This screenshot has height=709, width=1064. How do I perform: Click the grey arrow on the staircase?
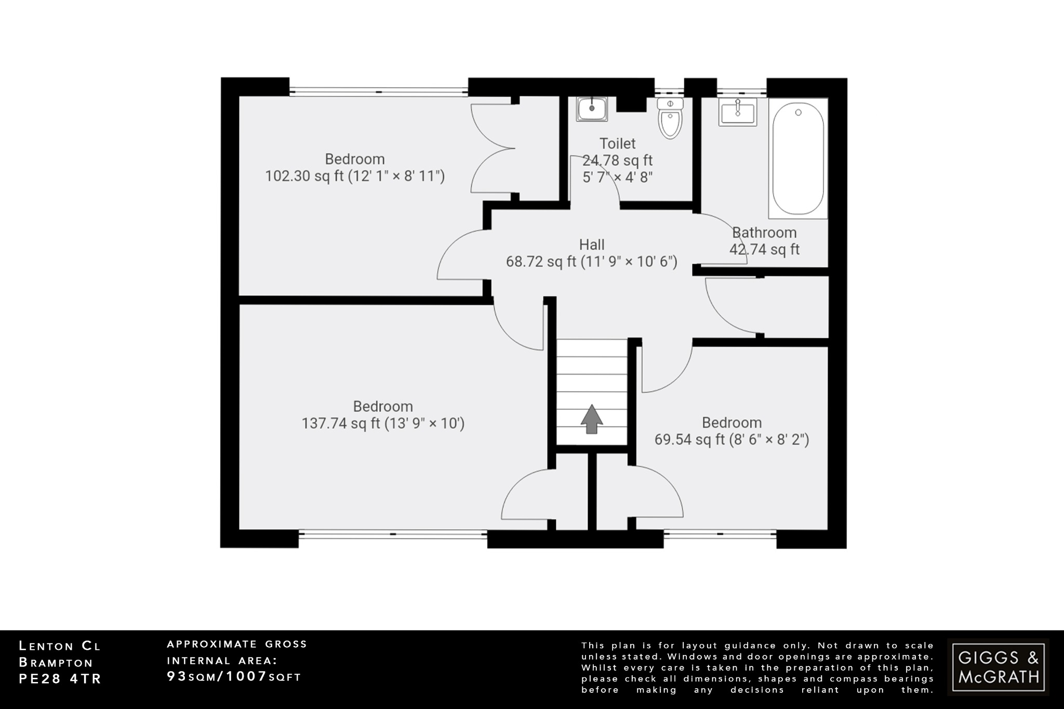click(591, 419)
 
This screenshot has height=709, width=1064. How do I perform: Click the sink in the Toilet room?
click(592, 109)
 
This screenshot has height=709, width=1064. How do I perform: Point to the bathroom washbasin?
click(738, 112)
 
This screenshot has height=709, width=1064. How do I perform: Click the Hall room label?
click(592, 245)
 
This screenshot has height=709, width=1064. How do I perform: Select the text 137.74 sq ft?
click(341, 424)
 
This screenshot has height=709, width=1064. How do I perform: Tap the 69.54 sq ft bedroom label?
click(731, 431)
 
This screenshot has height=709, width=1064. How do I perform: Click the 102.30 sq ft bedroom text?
click(355, 168)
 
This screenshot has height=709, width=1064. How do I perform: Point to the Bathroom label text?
click(764, 233)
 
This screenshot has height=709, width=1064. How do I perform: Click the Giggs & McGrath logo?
click(998, 667)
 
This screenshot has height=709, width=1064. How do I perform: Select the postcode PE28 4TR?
click(60, 679)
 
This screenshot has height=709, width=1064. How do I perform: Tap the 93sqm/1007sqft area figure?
click(234, 677)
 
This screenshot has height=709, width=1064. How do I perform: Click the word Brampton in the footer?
click(56, 663)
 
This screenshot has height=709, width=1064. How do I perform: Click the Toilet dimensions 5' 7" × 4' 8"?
click(617, 178)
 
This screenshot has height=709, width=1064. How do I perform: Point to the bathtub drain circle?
click(799, 112)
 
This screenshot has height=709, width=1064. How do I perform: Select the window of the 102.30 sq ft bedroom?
click(379, 91)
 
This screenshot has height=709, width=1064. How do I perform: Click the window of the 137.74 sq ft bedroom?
click(393, 533)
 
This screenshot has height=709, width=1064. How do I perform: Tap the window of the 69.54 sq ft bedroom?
click(720, 533)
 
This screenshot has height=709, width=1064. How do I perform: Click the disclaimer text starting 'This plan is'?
click(757, 667)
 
